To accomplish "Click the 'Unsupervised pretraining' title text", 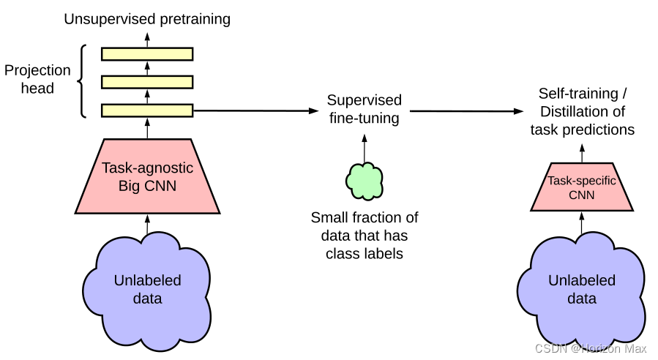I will [x=147, y=19].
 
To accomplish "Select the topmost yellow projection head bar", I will [x=147, y=53].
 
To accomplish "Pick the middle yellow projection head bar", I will [x=147, y=82].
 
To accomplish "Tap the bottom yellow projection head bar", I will [x=147, y=110].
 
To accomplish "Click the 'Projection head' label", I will [x=38, y=79].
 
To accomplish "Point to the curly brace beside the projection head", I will [x=83, y=80].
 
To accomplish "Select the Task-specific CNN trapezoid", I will [x=583, y=188].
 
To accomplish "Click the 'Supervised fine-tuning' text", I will [x=364, y=108].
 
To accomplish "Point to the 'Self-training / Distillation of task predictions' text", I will [x=583, y=111].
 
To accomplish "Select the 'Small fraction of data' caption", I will [x=364, y=236].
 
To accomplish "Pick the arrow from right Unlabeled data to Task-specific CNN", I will [x=583, y=223].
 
